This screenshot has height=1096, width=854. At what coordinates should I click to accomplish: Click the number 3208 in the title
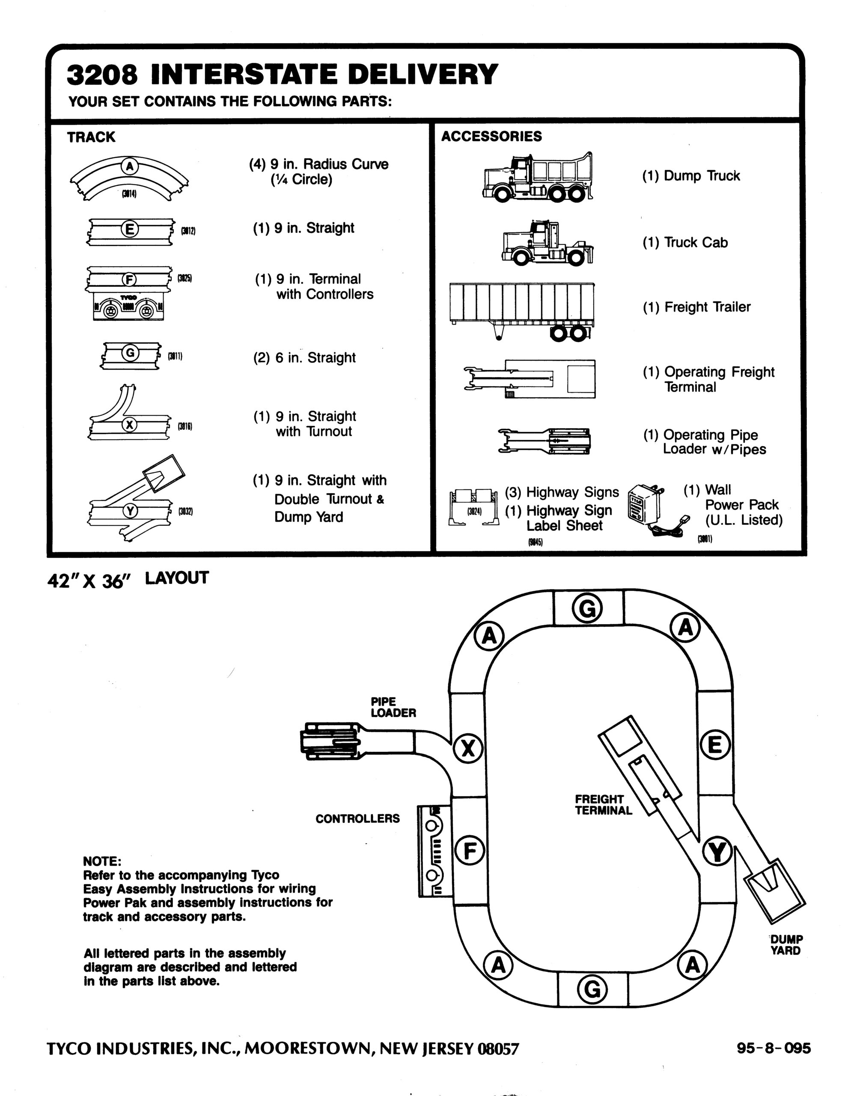point(102,75)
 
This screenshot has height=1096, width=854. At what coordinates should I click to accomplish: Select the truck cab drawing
point(548,243)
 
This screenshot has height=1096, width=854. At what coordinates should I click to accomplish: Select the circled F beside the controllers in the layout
point(470,851)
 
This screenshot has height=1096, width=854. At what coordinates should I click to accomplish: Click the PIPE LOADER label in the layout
point(393,707)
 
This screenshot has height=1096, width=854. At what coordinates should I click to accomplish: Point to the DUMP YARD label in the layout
point(786,944)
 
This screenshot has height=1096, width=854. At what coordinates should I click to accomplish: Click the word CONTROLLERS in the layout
point(357,819)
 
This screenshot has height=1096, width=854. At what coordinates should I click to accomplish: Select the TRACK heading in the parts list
point(91,137)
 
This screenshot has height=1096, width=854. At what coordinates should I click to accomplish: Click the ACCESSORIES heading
point(491,137)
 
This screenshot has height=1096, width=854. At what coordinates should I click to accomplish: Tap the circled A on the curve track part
point(129,166)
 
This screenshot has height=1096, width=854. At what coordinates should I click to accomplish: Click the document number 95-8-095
point(774,1048)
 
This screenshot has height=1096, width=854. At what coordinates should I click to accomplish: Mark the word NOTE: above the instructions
point(102,861)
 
